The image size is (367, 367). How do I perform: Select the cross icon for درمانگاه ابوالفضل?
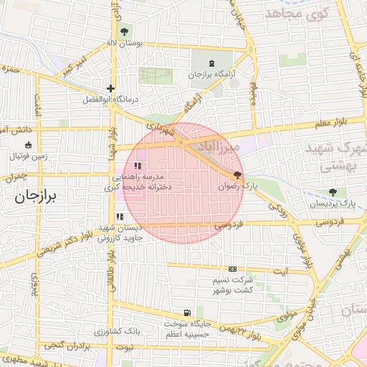point(111,89)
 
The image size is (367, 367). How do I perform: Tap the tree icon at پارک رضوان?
point(237,174)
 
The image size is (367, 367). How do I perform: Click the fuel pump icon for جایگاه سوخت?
point(187,313)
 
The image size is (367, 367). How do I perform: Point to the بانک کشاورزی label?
point(120,332)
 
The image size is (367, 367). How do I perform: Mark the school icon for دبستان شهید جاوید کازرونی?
point(119,216)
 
